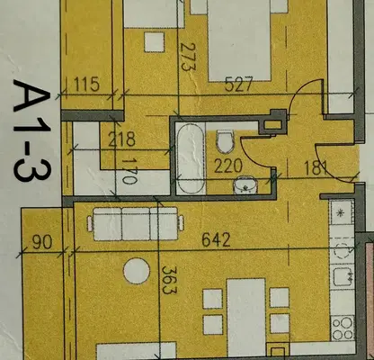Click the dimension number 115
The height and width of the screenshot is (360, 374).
click(86, 85)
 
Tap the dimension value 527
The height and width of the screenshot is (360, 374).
click(239, 84)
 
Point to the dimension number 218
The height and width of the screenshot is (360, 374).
click(121, 139)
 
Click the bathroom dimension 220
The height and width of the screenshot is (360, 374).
click(228, 166)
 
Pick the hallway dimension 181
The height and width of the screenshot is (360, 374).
click(316, 168)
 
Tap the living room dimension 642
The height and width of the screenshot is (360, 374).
click(217, 239)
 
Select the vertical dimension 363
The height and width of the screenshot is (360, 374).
click(170, 280)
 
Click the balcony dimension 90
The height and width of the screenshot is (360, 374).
click(42, 242)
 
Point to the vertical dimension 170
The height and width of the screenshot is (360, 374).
click(129, 171)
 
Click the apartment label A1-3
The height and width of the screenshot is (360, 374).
click(31, 130)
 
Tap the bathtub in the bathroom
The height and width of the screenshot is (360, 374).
click(191, 158)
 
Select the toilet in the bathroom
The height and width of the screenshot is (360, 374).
click(226, 140)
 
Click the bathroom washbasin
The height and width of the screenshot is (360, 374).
click(245, 184)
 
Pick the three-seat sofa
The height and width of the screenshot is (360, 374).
click(136, 224)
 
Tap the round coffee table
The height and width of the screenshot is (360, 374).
click(137, 271)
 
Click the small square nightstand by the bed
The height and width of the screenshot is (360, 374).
click(155, 42)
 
